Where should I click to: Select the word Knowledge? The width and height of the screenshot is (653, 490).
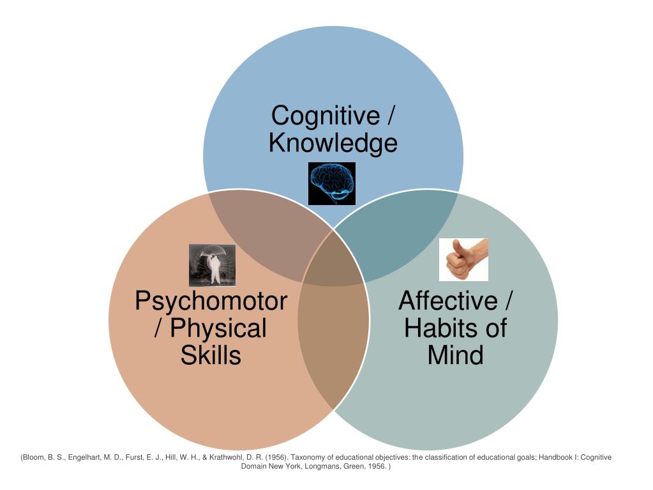coord(333,143)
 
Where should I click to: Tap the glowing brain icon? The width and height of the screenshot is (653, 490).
coord(332,183)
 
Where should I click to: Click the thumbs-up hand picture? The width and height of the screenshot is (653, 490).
coord(463,259)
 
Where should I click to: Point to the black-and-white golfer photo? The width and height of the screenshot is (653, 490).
coord(212,265)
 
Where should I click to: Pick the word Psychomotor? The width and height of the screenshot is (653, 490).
coord(211,301)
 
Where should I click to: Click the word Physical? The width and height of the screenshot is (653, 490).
coord(218,328)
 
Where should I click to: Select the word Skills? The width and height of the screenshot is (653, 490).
coord(211,355)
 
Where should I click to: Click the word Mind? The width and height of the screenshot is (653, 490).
coord(455,355)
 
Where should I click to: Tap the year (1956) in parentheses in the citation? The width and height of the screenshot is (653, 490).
coord(273,457)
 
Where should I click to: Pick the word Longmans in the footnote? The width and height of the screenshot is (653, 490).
coord(317,467)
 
